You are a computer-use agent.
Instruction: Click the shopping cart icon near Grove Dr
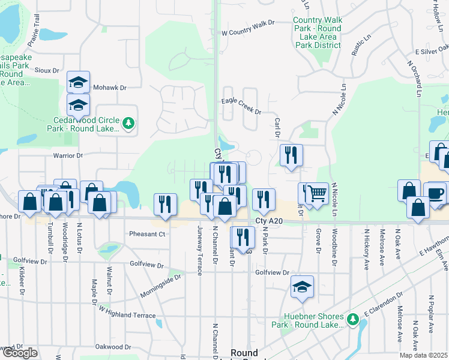(318, 193)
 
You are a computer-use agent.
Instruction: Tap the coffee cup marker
(435, 193)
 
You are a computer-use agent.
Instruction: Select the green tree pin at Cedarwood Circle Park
(128, 124)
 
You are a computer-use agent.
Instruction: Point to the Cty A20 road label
(268, 221)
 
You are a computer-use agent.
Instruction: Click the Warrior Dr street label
(68, 156)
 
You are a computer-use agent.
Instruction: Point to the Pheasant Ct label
(146, 234)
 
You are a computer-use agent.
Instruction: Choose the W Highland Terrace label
(127, 313)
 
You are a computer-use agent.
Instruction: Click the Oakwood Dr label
(113, 347)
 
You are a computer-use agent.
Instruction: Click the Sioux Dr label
(47, 70)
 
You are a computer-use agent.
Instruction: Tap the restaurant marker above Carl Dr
(291, 155)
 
